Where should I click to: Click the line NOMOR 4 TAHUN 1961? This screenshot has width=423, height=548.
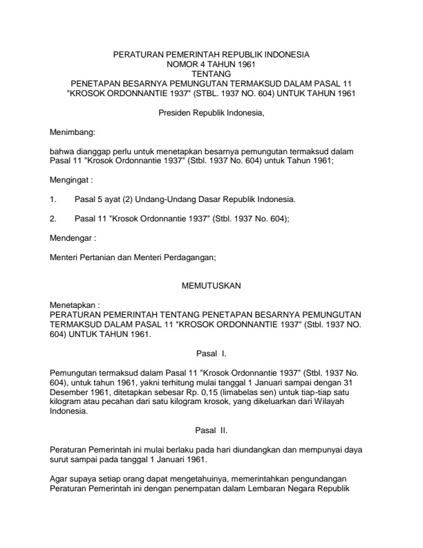click(211, 62)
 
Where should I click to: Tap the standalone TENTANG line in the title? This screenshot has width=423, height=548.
click(211, 71)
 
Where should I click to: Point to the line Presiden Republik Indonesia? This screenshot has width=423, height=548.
click(211, 112)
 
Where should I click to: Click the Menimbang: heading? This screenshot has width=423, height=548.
click(72, 130)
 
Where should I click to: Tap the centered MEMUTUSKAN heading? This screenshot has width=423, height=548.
click(211, 285)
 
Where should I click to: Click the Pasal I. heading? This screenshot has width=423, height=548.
click(211, 353)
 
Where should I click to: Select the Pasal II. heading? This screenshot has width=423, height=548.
click(211, 429)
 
